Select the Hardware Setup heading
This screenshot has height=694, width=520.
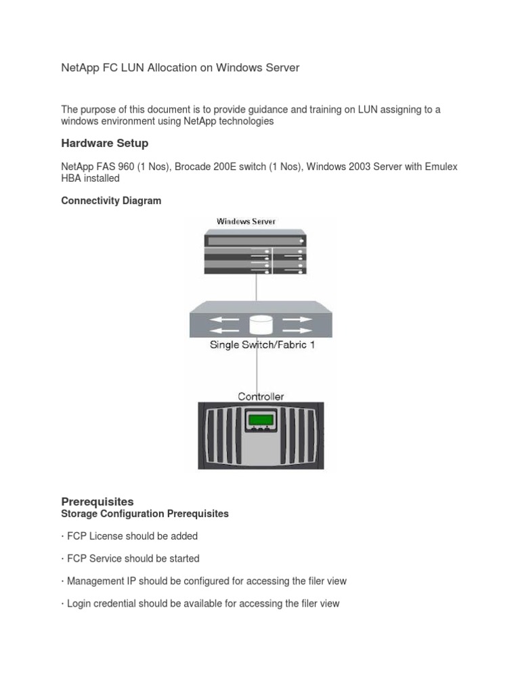[x=104, y=143]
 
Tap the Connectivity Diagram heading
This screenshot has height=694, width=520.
[x=111, y=201]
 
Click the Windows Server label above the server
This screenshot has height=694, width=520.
[x=246, y=221]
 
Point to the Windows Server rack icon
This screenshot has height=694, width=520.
[x=256, y=253]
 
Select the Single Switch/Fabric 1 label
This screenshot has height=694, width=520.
[x=262, y=345]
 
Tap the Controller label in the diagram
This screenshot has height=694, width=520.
[x=261, y=396]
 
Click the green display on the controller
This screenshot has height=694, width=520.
[x=260, y=420]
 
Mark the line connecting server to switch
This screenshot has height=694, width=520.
[x=256, y=288]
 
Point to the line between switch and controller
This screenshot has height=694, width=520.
[x=256, y=369]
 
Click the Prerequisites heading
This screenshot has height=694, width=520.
[x=97, y=502]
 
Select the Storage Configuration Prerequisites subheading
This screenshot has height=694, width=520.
[x=145, y=514]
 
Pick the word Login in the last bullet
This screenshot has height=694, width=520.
[x=81, y=603]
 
